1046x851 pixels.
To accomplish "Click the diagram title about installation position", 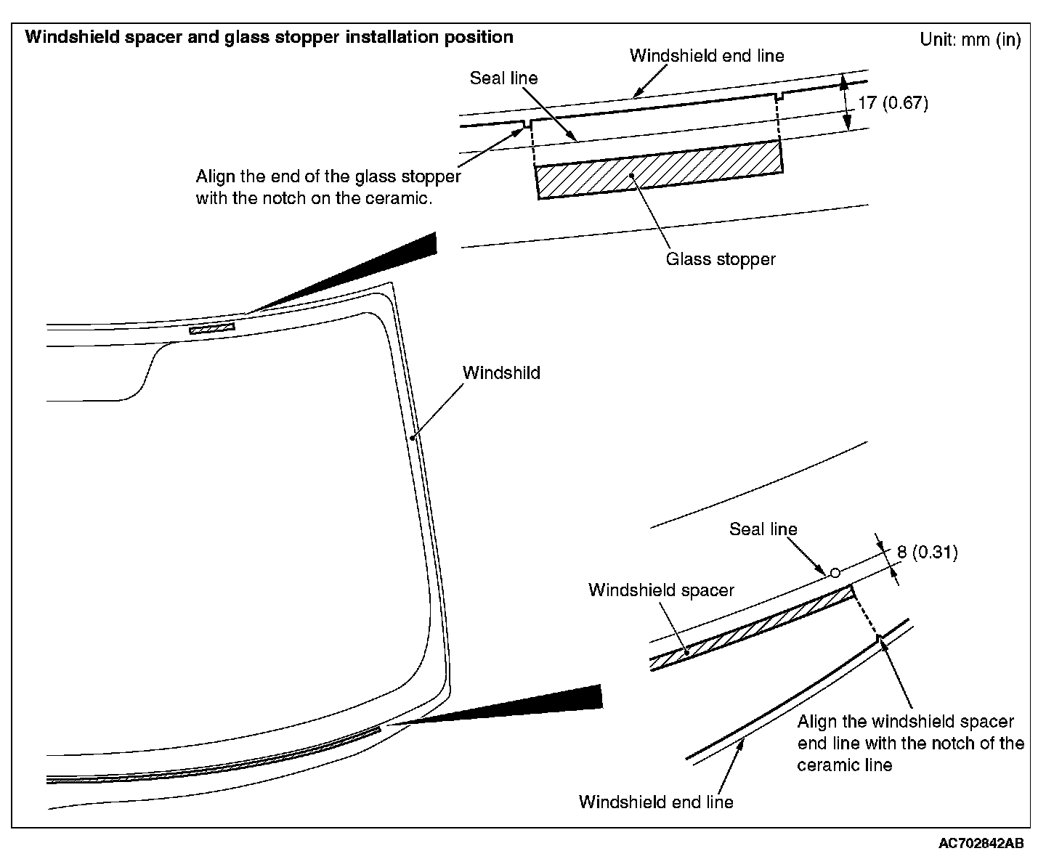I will point(269,37).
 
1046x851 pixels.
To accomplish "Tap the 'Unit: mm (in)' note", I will point(970,40).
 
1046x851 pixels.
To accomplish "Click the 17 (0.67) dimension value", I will point(893,103).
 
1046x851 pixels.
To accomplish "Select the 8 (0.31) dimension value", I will point(927,553).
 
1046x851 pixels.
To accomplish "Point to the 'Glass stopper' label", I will point(721,259).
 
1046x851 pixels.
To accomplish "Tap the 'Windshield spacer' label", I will point(661,590).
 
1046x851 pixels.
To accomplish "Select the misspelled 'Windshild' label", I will point(501,373).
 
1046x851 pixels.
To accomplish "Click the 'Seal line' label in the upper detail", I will point(503,78).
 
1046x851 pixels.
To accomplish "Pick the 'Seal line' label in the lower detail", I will point(763,529).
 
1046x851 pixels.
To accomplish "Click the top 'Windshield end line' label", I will point(706,56).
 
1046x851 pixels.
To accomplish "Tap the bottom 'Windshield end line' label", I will point(656,802).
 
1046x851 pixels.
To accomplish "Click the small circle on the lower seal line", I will point(835,573).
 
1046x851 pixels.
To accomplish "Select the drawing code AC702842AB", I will point(981,843).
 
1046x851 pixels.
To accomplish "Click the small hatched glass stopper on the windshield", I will point(212,330).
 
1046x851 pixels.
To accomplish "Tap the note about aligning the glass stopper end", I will point(328,187).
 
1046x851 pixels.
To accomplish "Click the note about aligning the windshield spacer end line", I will point(910,744).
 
